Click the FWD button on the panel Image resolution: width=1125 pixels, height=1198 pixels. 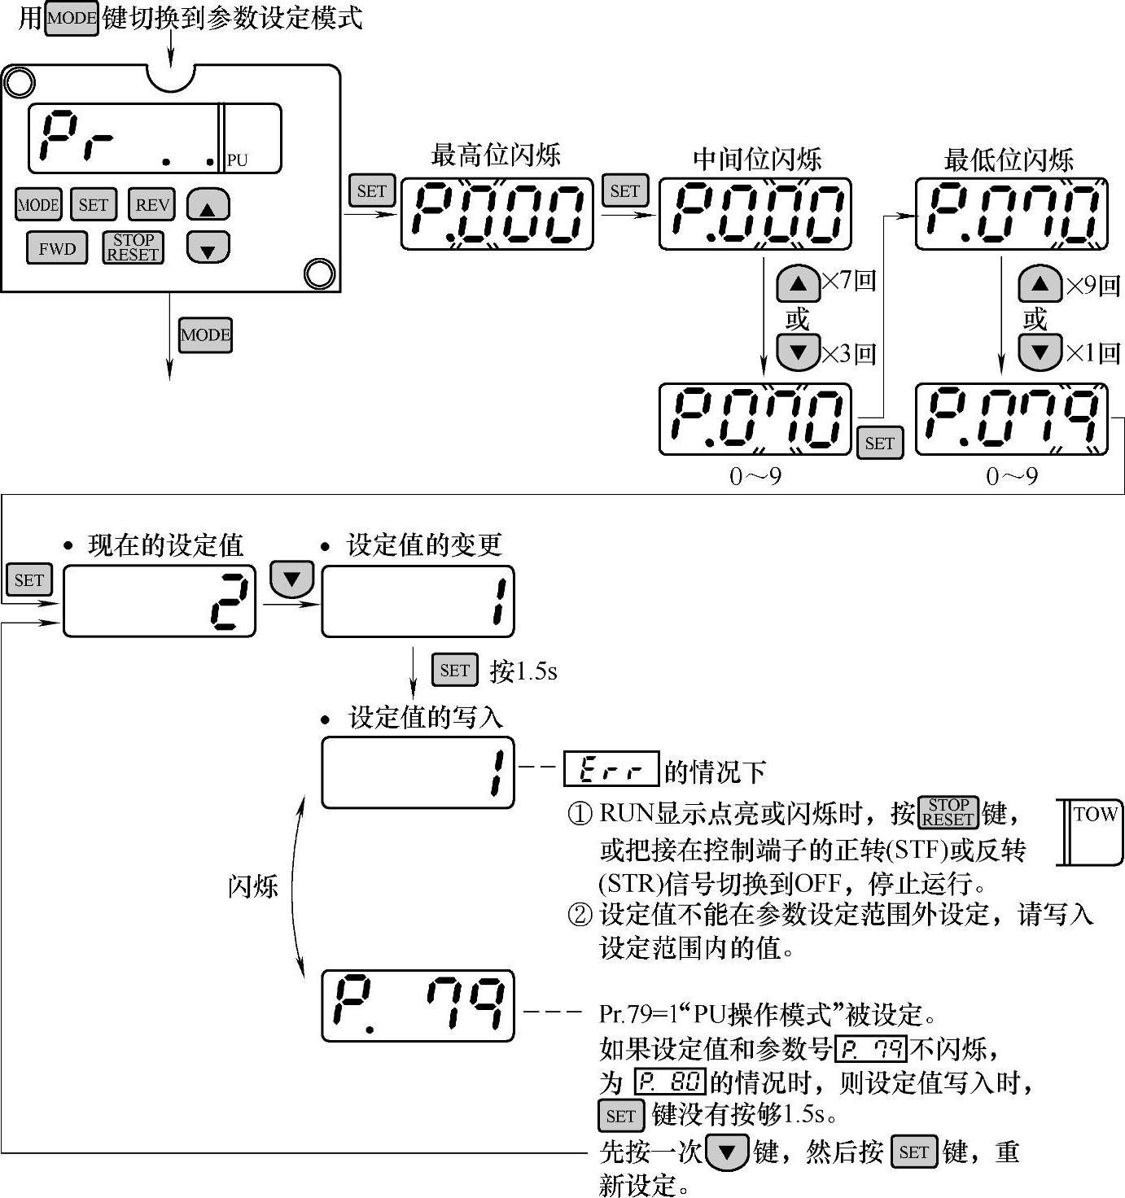point(57,249)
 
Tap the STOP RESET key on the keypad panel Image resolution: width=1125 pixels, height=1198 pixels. point(133,247)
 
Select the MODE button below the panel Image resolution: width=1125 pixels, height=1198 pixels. point(205,334)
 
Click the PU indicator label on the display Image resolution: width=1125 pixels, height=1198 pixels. point(237,160)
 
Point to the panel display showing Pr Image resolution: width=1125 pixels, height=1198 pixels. point(155,138)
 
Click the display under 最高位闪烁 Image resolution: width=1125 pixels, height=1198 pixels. point(497,214)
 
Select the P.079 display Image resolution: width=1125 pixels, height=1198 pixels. point(1012,419)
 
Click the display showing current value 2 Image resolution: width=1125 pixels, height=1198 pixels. point(160,601)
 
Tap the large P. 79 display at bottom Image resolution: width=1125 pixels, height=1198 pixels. point(418,1006)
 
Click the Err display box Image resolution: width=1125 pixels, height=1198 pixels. point(611,769)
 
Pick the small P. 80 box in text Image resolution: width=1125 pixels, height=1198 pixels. point(669,1082)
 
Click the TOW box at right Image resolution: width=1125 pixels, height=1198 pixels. point(1093,832)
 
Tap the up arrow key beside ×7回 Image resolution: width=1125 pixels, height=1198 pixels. point(798,284)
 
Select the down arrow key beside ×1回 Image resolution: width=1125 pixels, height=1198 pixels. point(1040,352)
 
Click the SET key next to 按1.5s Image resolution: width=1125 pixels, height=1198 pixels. point(454,670)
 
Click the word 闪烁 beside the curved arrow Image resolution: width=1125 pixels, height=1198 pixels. point(252,885)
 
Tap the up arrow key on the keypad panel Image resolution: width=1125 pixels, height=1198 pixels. point(208,207)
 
